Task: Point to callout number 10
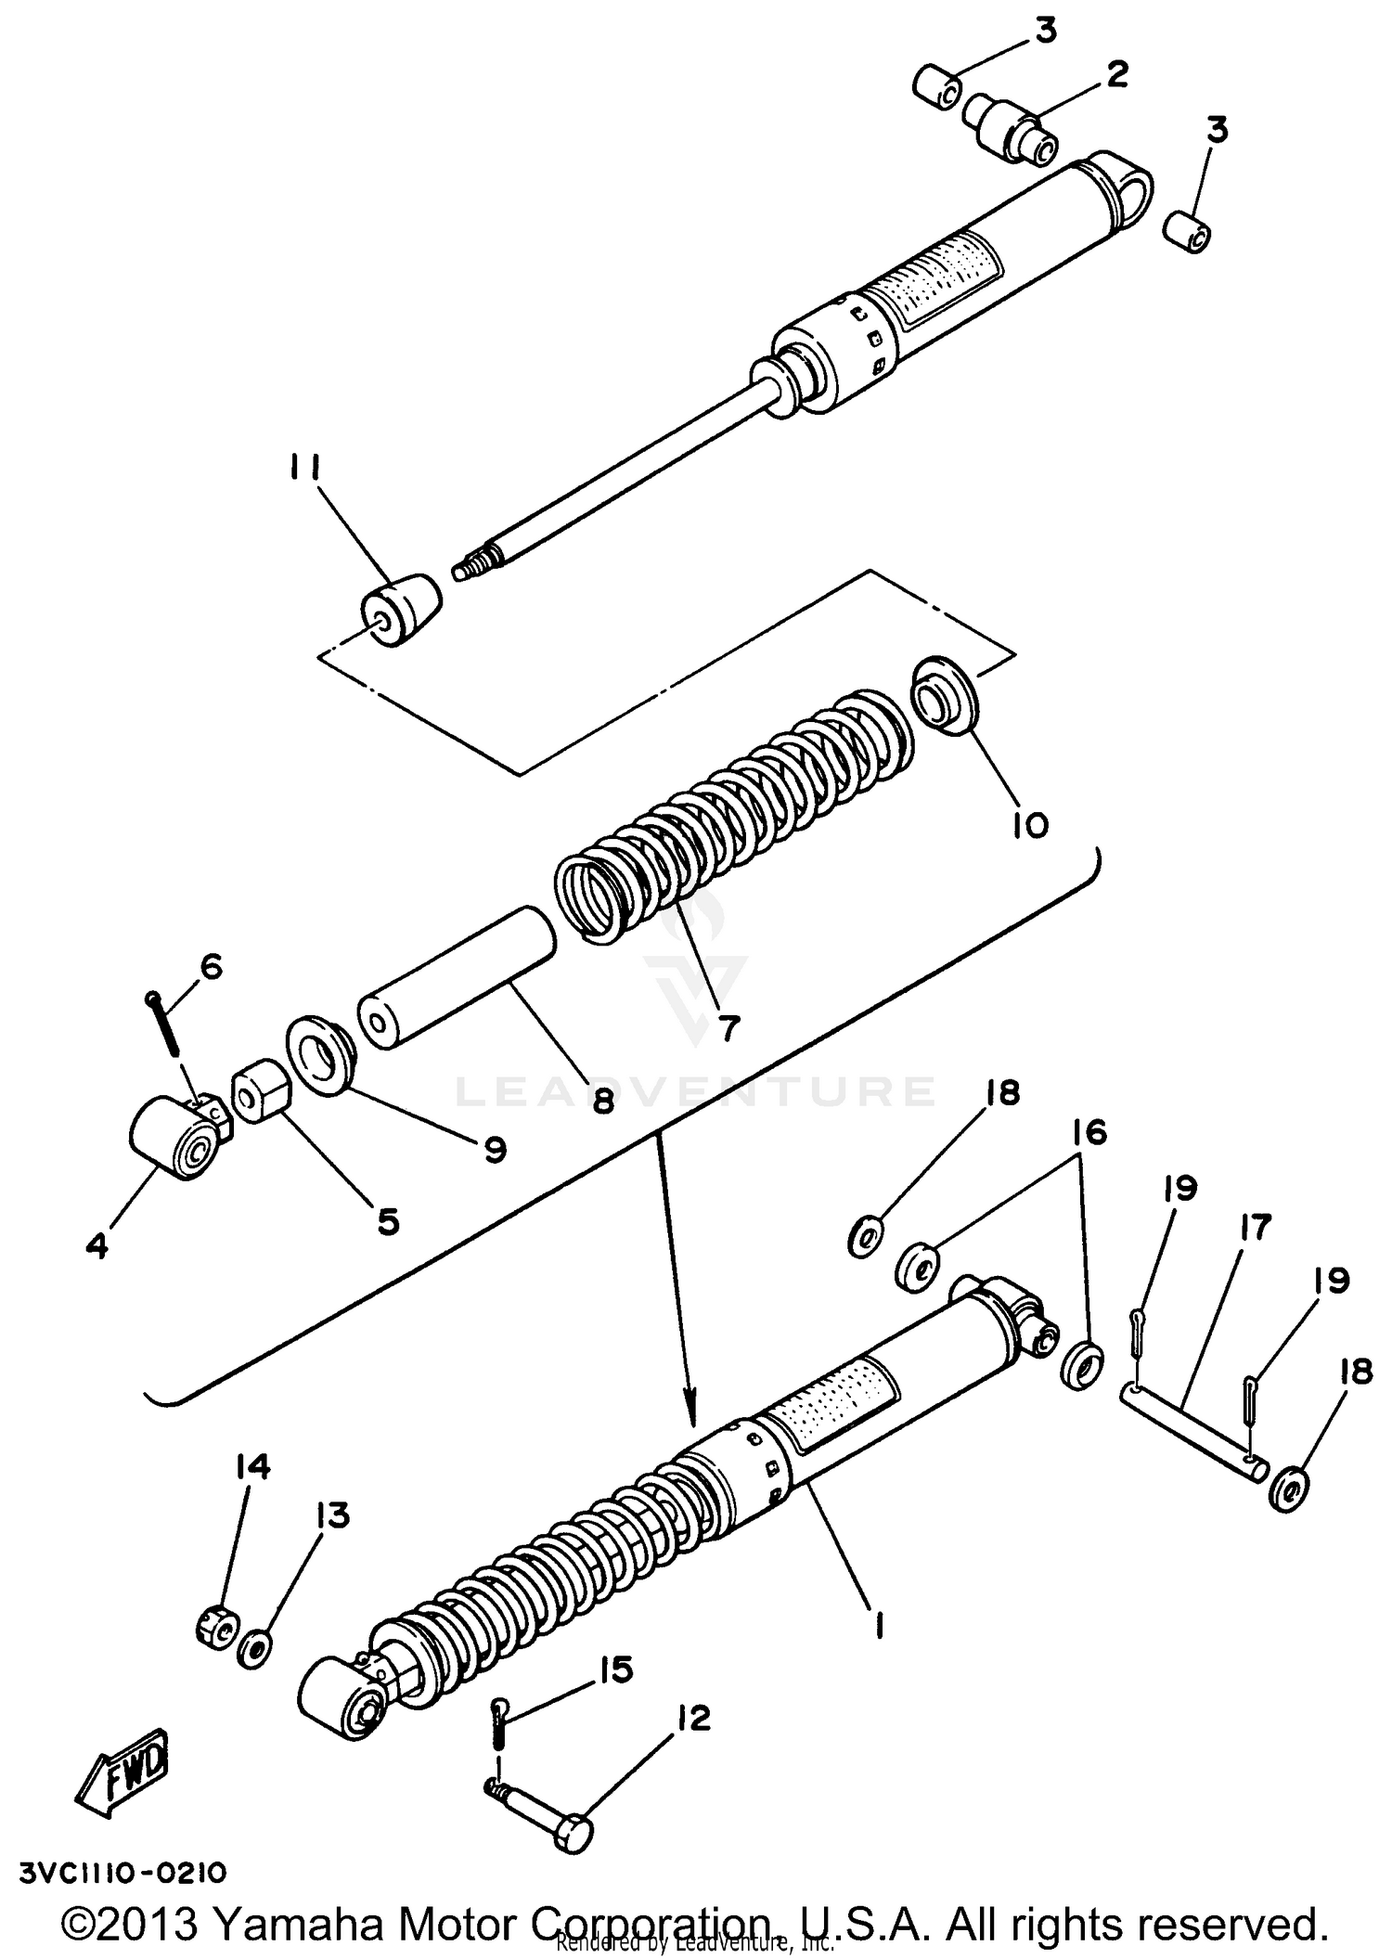point(1029,824)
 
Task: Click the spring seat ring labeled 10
point(945,694)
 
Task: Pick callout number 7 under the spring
point(728,1027)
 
